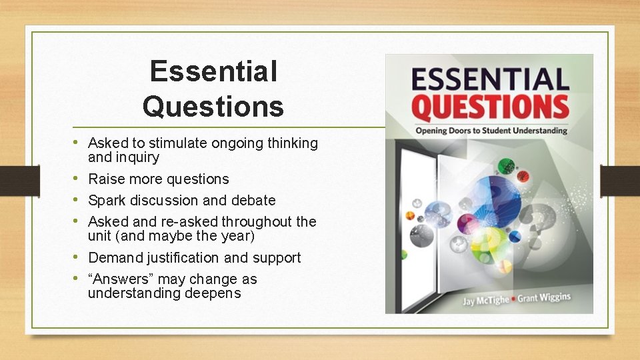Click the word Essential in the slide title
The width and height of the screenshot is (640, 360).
click(213, 71)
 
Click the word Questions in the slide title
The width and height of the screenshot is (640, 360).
click(213, 105)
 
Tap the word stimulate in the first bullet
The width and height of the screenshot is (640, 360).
click(179, 143)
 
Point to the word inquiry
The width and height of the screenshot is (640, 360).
click(137, 158)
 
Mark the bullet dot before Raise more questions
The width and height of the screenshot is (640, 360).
click(80, 179)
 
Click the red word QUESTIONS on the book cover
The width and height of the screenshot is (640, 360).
click(490, 107)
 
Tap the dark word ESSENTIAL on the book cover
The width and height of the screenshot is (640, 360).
click(490, 79)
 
